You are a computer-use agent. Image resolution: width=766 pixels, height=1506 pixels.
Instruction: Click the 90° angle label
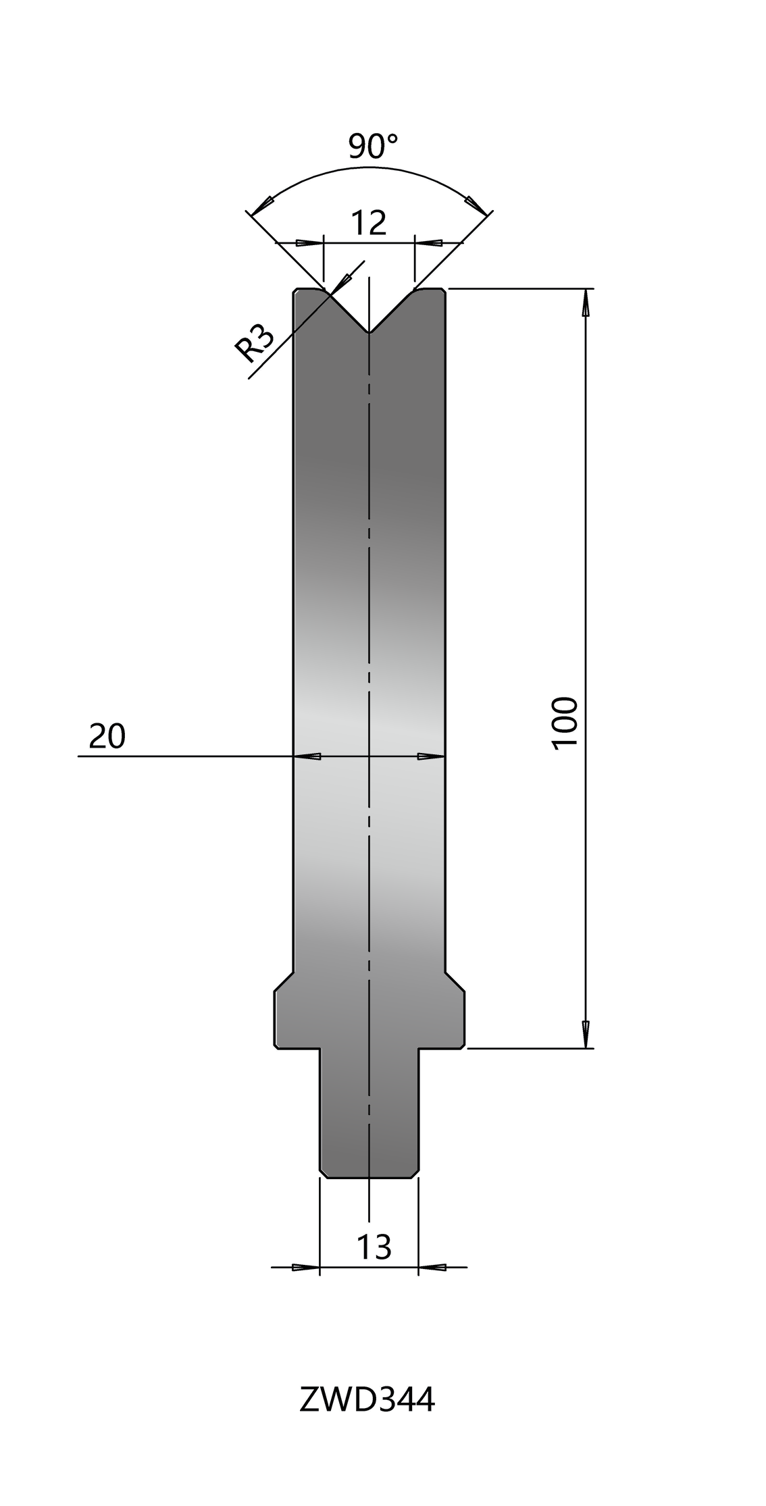[374, 147]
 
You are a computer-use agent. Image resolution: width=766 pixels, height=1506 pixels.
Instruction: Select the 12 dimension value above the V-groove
[368, 222]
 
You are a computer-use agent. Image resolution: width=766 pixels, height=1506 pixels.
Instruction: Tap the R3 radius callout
[255, 343]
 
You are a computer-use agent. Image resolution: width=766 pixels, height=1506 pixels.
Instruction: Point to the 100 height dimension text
[565, 722]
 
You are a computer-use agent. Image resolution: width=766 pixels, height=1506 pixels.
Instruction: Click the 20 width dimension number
[107, 736]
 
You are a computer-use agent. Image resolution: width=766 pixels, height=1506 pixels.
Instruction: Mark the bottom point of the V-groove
[369, 332]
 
